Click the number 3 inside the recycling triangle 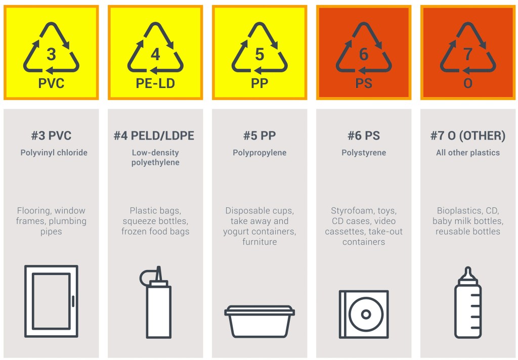click(x=51, y=54)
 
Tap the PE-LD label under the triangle click(x=155, y=83)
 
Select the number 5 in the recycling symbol click(x=260, y=54)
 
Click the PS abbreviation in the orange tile click(x=364, y=83)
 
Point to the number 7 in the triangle click(x=468, y=54)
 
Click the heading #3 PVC click(x=51, y=136)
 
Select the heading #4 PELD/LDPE click(x=154, y=136)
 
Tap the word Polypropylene click(x=260, y=153)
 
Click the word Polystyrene click(x=364, y=153)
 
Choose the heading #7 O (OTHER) click(x=468, y=136)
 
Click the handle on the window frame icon click(x=73, y=301)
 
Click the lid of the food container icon click(x=260, y=310)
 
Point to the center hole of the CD click(x=366, y=314)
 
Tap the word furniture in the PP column click(x=260, y=242)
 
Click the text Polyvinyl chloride click(x=54, y=153)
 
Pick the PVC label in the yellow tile click(x=51, y=83)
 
